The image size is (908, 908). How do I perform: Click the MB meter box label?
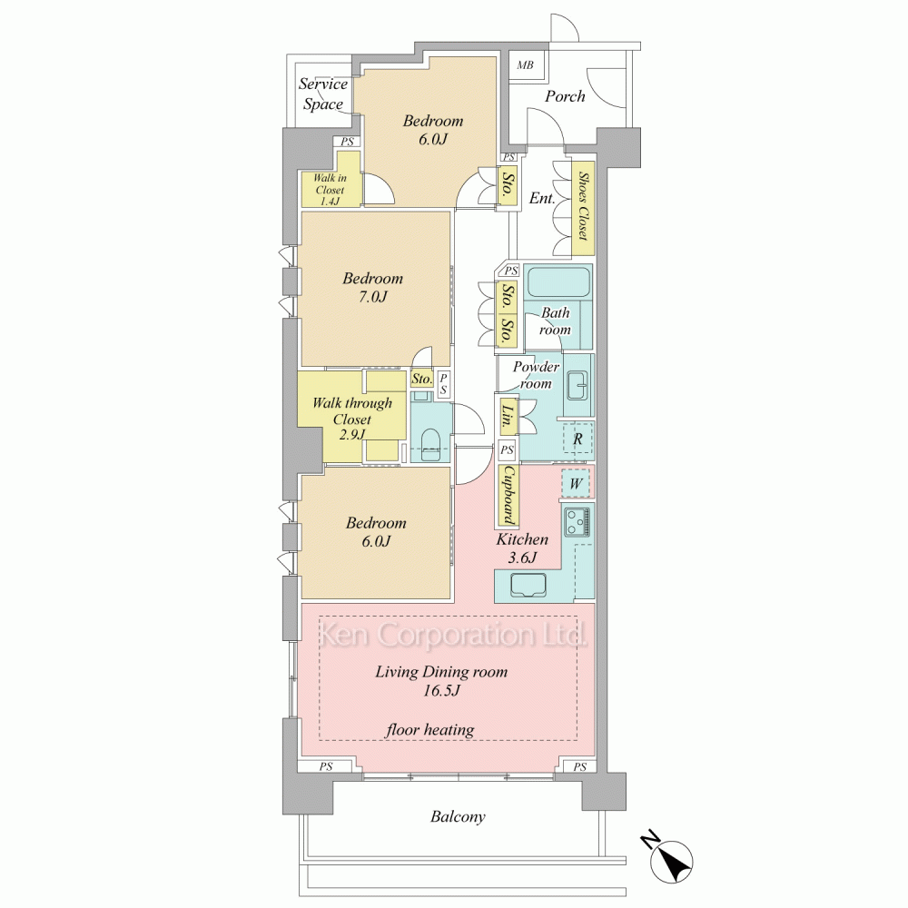[525, 64]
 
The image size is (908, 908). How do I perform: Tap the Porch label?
[565, 96]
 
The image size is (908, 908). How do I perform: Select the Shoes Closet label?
[583, 206]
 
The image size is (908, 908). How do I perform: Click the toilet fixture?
[430, 445]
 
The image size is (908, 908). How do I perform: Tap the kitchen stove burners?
[577, 521]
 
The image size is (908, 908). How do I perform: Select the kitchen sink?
[528, 585]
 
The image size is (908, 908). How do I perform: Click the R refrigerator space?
[577, 439]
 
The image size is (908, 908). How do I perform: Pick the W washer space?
[576, 483]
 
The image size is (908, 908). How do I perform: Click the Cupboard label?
[508, 495]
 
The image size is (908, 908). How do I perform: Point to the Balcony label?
[458, 816]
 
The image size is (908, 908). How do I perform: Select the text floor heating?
[429, 730]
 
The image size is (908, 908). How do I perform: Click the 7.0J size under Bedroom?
[372, 297]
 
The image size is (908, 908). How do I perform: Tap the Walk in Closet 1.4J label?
[330, 190]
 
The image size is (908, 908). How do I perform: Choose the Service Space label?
[323, 94]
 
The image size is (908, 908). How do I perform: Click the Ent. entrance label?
[542, 198]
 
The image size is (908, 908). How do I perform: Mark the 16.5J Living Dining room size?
[441, 690]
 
